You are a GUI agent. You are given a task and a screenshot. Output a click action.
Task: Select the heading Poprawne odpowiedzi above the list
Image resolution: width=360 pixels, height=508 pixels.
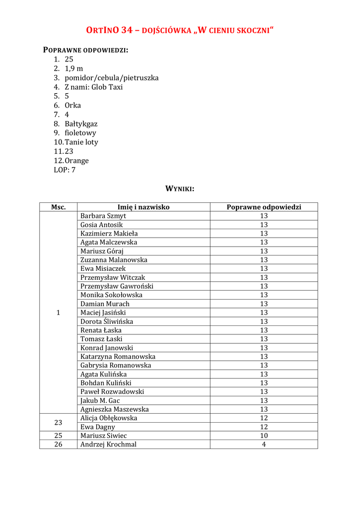[x=86, y=50]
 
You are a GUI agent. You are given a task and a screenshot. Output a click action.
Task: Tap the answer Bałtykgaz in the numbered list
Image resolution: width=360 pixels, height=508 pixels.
[x=81, y=124]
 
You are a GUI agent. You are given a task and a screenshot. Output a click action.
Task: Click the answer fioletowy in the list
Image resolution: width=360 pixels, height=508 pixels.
[x=80, y=133]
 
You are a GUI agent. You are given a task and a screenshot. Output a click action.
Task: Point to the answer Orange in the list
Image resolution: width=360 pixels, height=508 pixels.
[x=77, y=161]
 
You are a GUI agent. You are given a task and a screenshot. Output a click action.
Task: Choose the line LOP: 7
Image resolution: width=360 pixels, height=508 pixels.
[x=65, y=170]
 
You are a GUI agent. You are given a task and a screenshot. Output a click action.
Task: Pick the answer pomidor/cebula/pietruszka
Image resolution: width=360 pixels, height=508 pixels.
[x=112, y=78]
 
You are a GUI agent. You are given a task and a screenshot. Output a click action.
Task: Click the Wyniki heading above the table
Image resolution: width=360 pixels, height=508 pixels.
[x=179, y=189]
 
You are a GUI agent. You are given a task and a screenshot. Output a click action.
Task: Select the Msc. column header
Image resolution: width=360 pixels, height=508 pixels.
[x=59, y=207]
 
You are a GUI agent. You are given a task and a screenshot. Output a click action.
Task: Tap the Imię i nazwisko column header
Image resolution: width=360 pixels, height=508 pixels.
[x=144, y=207]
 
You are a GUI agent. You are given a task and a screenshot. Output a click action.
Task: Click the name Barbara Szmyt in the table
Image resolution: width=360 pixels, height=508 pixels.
[x=103, y=216]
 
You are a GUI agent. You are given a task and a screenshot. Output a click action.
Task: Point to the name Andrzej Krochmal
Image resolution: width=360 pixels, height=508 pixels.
[x=108, y=444]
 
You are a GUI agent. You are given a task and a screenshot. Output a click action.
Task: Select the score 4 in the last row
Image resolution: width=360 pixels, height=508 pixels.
[x=264, y=444]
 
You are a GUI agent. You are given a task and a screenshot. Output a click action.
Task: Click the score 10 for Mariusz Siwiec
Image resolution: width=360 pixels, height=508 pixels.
[x=264, y=436]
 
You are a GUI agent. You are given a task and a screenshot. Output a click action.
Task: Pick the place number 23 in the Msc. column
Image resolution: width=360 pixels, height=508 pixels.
[x=59, y=423]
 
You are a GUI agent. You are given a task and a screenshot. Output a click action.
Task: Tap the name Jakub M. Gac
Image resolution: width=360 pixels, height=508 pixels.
[x=100, y=400]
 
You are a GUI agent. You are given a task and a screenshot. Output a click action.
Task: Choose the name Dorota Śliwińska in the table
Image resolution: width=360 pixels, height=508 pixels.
[x=107, y=321]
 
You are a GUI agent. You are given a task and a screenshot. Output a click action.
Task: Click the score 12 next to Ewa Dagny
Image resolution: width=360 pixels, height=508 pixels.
[x=264, y=427]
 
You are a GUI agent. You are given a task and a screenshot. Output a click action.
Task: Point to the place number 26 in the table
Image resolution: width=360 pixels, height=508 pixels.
[x=59, y=444]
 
